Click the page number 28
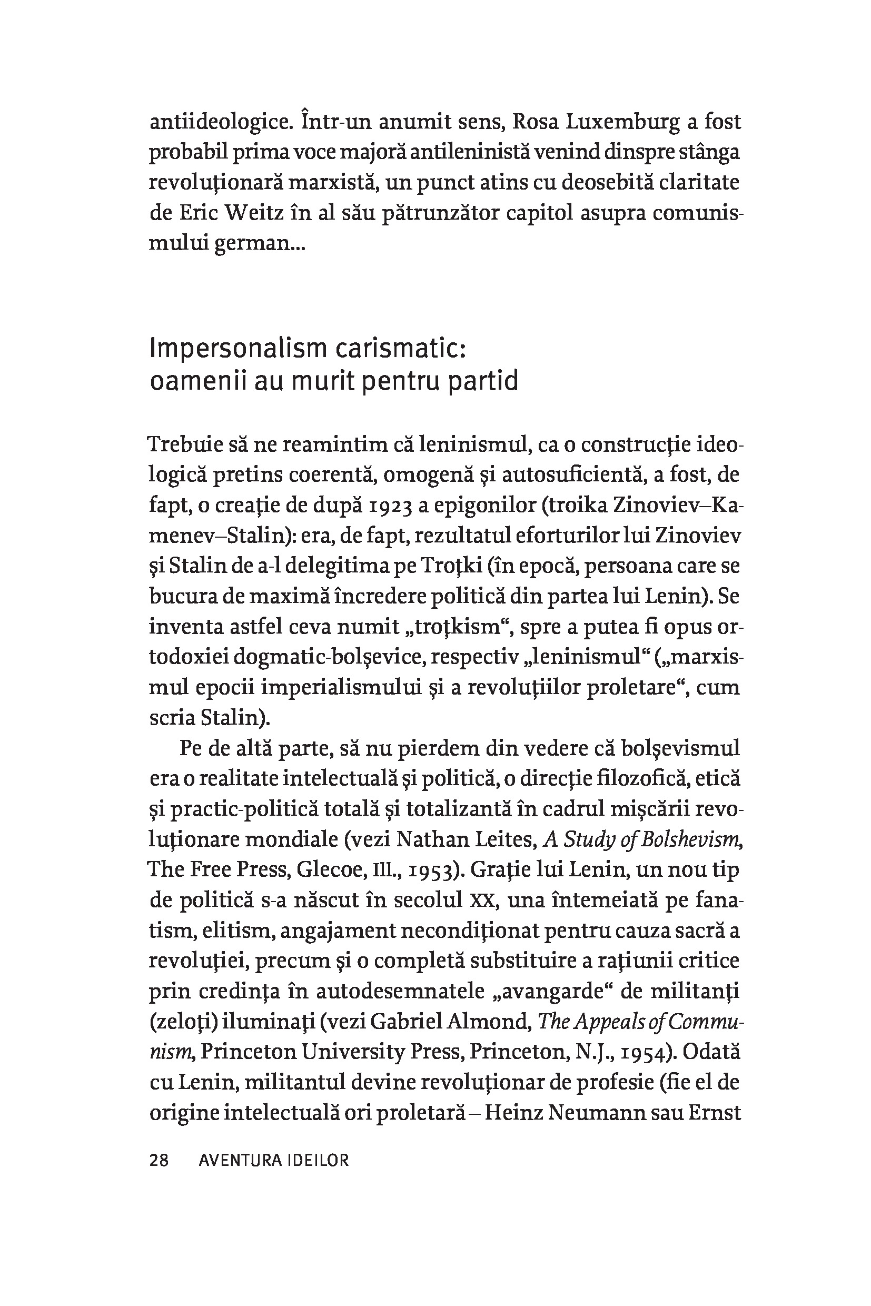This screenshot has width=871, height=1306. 159,1161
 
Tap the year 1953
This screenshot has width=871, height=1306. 434,869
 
